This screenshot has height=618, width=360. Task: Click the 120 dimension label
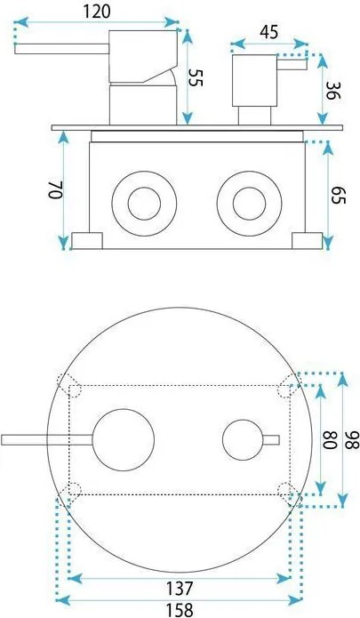click(x=97, y=12)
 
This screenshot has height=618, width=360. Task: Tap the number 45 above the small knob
click(x=269, y=32)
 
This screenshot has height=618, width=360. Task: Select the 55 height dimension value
click(x=196, y=77)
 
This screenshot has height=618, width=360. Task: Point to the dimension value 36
click(x=332, y=91)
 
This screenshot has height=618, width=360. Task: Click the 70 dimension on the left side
click(x=55, y=190)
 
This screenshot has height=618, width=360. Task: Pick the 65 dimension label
click(x=339, y=195)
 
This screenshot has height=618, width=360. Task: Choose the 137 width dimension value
click(x=180, y=589)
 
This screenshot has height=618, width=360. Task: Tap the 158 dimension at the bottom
click(x=180, y=610)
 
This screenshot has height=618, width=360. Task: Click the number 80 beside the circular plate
click(x=330, y=440)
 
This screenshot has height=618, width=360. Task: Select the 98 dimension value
click(x=353, y=440)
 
